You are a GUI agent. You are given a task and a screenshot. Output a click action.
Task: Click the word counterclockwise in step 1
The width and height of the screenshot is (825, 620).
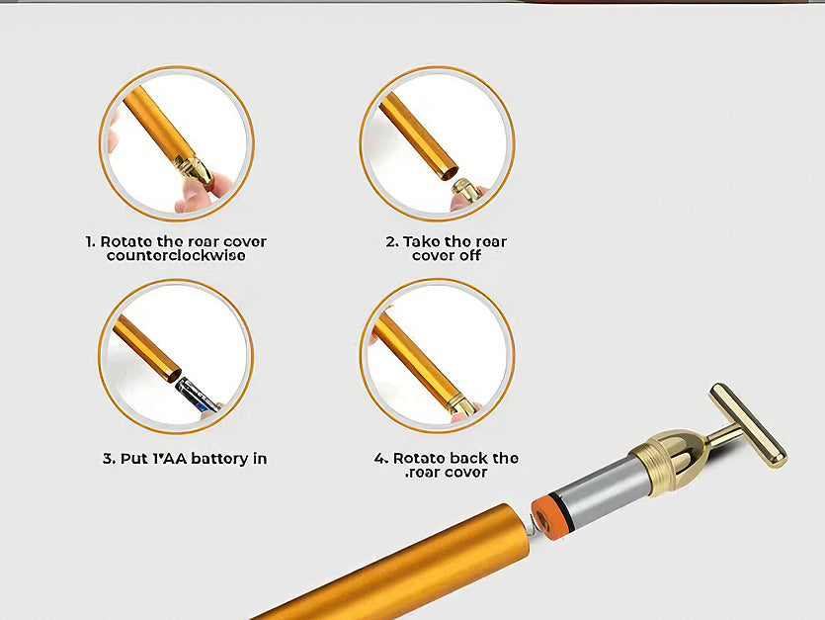(176, 256)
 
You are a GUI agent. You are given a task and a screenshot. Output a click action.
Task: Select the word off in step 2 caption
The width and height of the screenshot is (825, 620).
(470, 256)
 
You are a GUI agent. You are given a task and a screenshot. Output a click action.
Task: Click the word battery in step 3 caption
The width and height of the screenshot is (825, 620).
(219, 459)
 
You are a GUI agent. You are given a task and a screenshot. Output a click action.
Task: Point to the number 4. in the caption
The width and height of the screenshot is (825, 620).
(381, 458)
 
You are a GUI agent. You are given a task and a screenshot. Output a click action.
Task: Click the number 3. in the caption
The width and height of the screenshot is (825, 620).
(109, 459)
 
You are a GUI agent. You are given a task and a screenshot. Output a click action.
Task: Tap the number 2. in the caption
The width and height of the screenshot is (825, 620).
(392, 242)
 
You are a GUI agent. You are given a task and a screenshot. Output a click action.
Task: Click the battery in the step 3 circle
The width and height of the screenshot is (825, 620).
(197, 394)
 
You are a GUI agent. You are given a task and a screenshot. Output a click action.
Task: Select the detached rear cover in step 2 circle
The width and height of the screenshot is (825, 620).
(465, 190)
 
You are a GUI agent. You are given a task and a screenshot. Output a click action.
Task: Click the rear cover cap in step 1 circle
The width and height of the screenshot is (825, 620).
(195, 170)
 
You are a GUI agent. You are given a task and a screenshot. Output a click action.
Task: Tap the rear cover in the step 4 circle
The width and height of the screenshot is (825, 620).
(460, 404)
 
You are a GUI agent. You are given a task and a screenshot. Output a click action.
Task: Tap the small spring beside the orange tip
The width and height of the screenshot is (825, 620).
(532, 525)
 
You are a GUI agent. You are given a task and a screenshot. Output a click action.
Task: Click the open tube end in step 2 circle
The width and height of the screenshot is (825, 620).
(449, 172)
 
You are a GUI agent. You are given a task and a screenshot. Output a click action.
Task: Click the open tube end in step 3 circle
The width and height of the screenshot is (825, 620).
(173, 375)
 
